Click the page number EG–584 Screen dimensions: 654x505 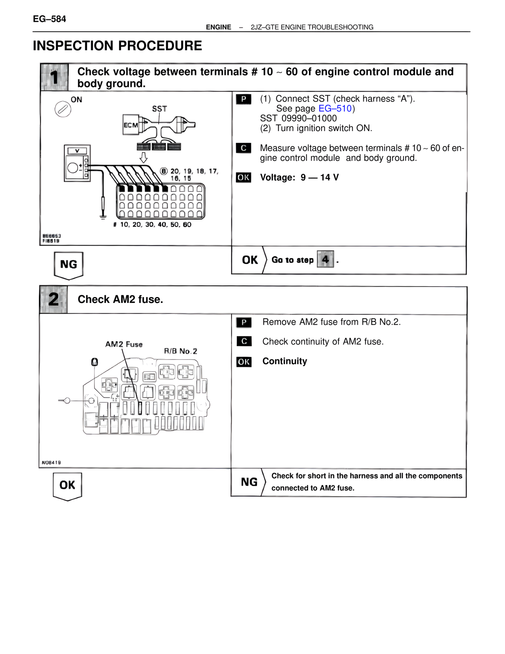(49, 19)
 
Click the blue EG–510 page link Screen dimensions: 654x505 (335, 109)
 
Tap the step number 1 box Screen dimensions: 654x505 (54, 77)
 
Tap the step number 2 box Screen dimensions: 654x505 (54, 299)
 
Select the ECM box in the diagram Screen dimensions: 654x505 (131, 125)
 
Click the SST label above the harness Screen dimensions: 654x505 (159, 109)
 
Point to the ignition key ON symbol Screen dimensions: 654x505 (63, 109)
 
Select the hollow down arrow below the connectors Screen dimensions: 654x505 (144, 158)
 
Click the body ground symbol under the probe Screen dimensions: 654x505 (103, 216)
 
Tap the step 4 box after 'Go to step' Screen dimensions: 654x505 (325, 259)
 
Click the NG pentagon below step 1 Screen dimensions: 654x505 (68, 265)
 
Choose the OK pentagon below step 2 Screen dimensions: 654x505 (67, 486)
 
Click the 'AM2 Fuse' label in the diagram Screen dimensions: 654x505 (124, 344)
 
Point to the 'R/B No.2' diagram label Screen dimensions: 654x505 (180, 351)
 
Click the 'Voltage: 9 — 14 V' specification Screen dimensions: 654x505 (299, 178)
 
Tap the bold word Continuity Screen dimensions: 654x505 (284, 361)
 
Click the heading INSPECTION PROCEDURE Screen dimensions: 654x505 (118, 46)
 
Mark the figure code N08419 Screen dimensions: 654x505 (51, 462)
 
